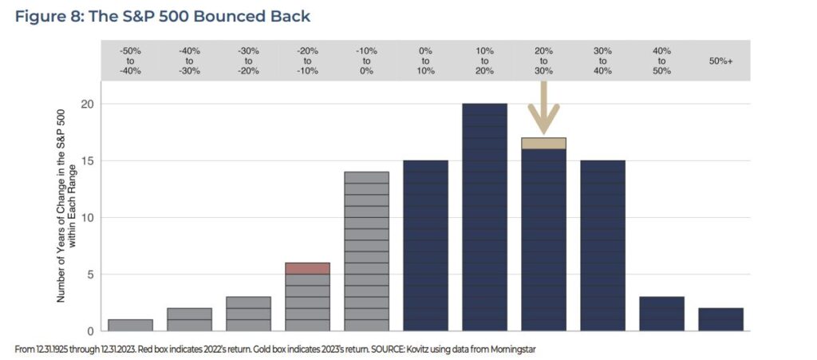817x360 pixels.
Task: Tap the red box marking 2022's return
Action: click(x=307, y=268)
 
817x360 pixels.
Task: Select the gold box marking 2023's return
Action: click(x=543, y=143)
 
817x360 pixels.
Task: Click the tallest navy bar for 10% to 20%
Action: click(x=484, y=216)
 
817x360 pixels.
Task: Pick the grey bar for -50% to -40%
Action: click(x=130, y=325)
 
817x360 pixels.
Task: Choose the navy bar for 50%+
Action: click(x=720, y=319)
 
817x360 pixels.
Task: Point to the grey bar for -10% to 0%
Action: click(x=366, y=251)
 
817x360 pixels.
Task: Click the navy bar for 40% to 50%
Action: click(x=661, y=314)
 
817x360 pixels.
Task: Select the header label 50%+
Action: click(x=720, y=61)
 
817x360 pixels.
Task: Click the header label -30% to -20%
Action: click(x=248, y=61)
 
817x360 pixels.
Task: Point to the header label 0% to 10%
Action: click(x=425, y=61)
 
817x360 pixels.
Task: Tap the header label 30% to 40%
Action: click(x=602, y=61)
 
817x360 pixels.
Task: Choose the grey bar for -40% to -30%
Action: click(x=189, y=319)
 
